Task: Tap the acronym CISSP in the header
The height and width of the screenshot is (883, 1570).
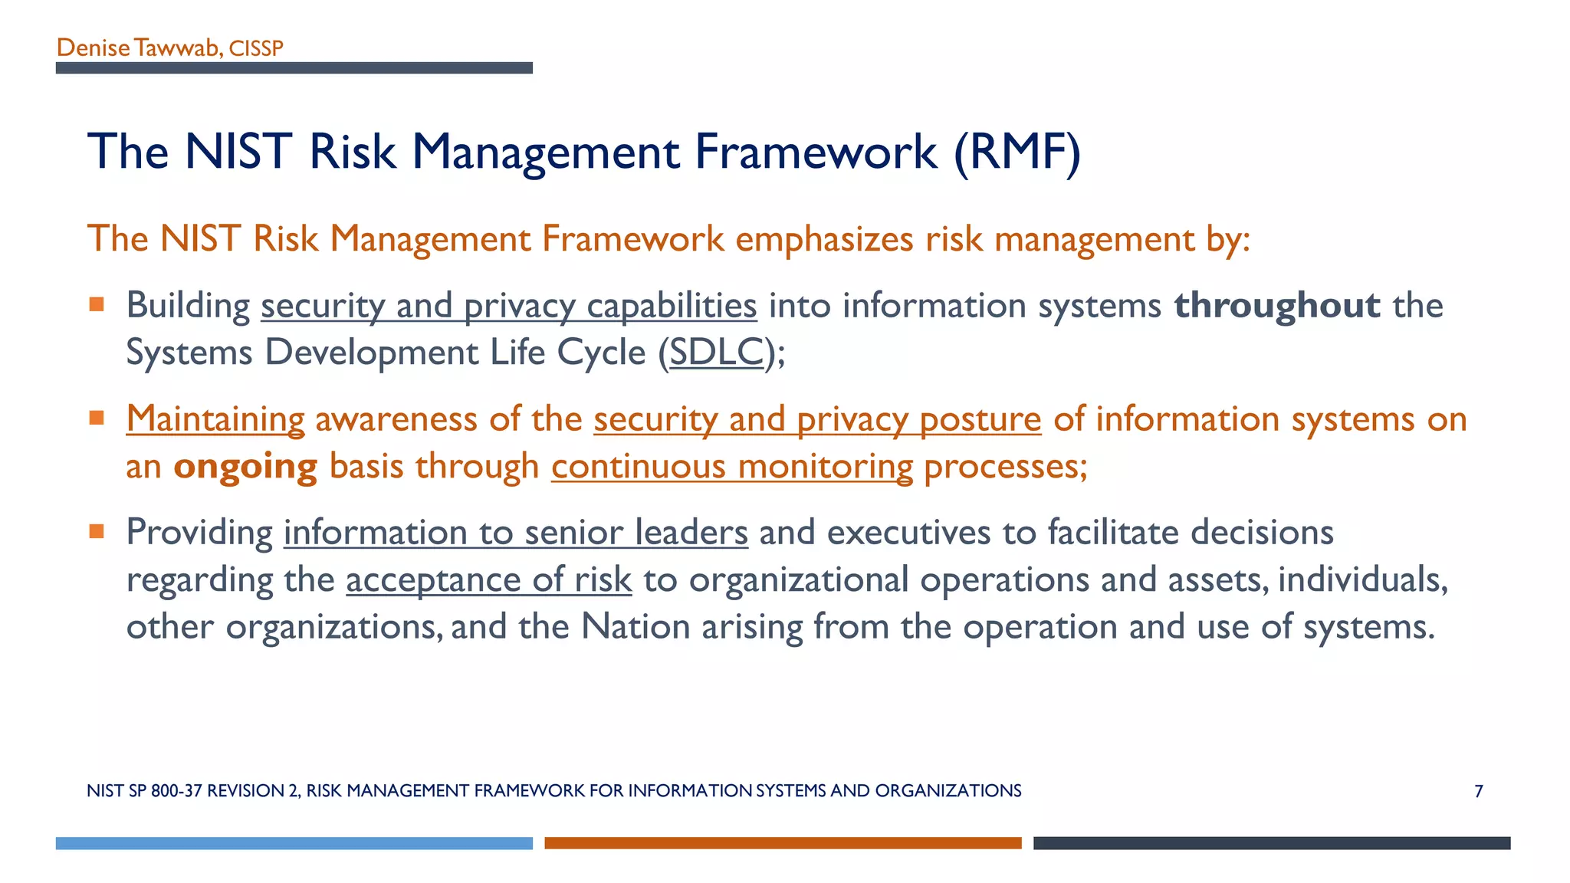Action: tap(256, 49)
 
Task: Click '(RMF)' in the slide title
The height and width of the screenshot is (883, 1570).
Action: tap(1017, 152)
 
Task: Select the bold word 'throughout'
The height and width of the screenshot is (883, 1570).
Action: tap(1277, 305)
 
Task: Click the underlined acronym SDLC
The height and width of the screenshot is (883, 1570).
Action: tap(717, 353)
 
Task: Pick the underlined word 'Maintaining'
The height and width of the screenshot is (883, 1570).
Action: tap(215, 419)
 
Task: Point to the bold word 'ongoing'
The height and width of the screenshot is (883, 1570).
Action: tap(245, 467)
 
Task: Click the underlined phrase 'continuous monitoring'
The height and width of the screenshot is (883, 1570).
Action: tap(732, 467)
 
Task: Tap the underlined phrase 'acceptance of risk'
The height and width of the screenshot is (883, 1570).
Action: tap(489, 579)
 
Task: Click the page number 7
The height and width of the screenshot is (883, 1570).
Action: tap(1479, 791)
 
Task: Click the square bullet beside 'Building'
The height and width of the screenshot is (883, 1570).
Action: tap(97, 305)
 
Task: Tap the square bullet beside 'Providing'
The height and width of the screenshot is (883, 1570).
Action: tap(97, 532)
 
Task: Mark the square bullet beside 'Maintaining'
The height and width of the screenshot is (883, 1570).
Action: tap(97, 419)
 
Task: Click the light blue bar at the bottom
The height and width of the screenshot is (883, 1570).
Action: tap(294, 843)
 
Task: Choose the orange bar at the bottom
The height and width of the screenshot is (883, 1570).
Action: tap(783, 843)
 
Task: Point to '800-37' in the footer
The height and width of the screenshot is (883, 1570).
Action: tap(176, 791)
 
